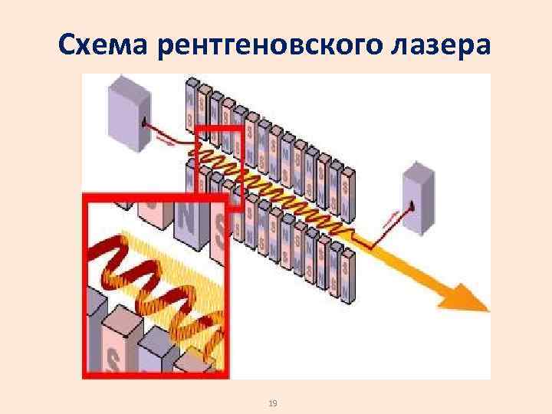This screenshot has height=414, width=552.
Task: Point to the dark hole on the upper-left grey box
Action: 143,121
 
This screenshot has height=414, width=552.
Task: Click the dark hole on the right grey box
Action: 411,205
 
